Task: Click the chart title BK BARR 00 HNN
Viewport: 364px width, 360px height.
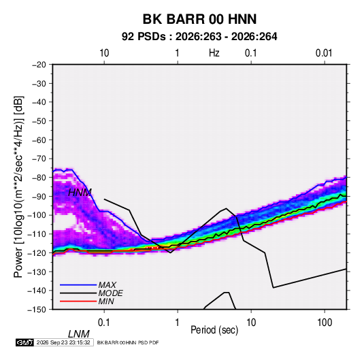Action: click(x=199, y=19)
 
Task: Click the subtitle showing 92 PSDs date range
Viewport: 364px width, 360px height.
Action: click(x=199, y=37)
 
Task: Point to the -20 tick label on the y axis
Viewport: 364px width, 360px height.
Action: click(x=39, y=65)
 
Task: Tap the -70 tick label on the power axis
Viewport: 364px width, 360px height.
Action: click(x=39, y=159)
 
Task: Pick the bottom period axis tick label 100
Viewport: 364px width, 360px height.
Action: click(x=325, y=322)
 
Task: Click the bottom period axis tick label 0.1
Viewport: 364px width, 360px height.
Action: click(x=104, y=322)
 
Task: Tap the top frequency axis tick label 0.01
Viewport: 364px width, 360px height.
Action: click(x=324, y=53)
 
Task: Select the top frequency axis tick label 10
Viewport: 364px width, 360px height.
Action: click(x=104, y=53)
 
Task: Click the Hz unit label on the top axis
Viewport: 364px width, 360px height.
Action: click(x=214, y=53)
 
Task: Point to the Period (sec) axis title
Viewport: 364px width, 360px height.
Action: click(x=214, y=330)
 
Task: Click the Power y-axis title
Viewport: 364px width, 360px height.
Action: click(x=18, y=186)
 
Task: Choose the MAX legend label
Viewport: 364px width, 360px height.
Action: click(x=107, y=285)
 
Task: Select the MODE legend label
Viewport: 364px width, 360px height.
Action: click(x=110, y=293)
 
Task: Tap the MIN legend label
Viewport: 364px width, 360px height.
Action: click(x=106, y=301)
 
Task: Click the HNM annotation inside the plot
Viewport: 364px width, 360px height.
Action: click(x=80, y=193)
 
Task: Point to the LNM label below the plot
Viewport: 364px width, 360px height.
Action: click(x=79, y=334)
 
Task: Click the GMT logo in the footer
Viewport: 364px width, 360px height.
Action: click(x=25, y=342)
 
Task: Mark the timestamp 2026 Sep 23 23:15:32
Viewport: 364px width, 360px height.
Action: click(x=63, y=342)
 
